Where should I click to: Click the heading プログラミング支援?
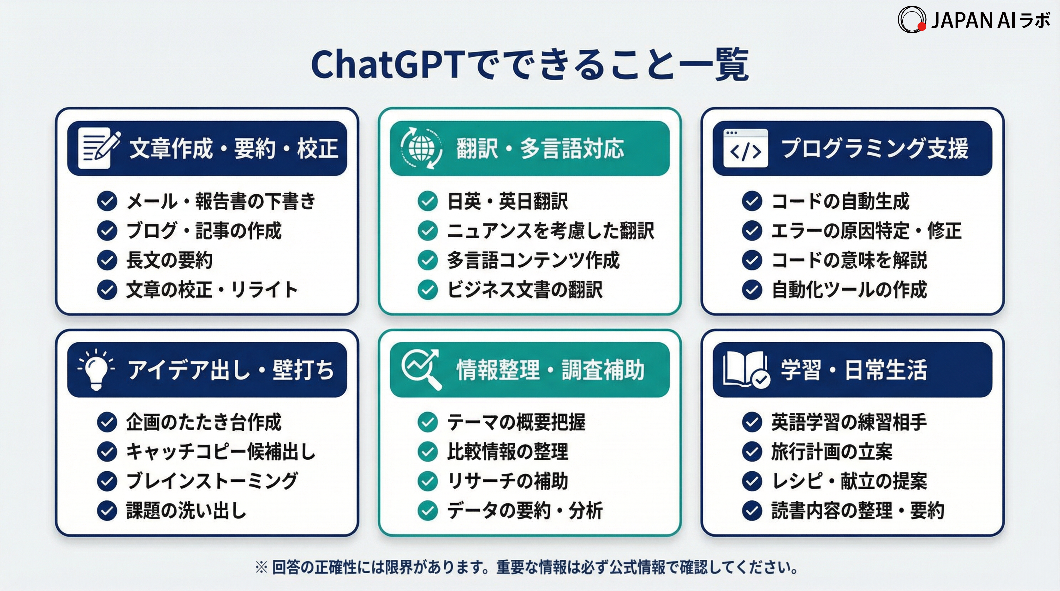point(875,148)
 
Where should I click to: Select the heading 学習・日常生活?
point(854,370)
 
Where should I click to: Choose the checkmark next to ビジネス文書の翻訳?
point(428,290)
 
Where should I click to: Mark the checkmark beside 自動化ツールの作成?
point(752,290)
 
